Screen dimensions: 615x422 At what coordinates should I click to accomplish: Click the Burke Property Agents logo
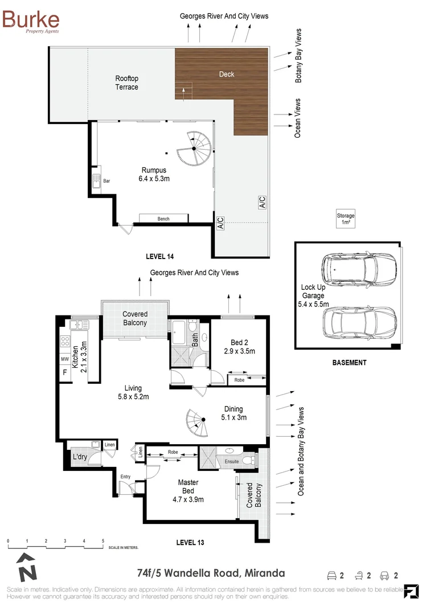click(31, 21)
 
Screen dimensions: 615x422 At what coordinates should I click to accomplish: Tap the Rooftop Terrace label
click(126, 83)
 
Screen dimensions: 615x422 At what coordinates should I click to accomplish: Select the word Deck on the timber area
click(227, 74)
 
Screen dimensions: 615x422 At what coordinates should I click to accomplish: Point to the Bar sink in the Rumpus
click(96, 182)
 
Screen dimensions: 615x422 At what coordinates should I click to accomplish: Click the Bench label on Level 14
click(163, 219)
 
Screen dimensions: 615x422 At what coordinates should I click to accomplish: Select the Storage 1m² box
click(345, 219)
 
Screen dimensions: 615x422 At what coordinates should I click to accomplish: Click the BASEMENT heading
click(349, 363)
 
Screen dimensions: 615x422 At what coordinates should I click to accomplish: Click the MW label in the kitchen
click(64, 359)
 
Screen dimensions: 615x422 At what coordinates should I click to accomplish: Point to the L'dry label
click(80, 457)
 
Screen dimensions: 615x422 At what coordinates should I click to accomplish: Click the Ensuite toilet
click(248, 460)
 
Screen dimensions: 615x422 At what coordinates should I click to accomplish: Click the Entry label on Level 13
click(125, 477)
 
